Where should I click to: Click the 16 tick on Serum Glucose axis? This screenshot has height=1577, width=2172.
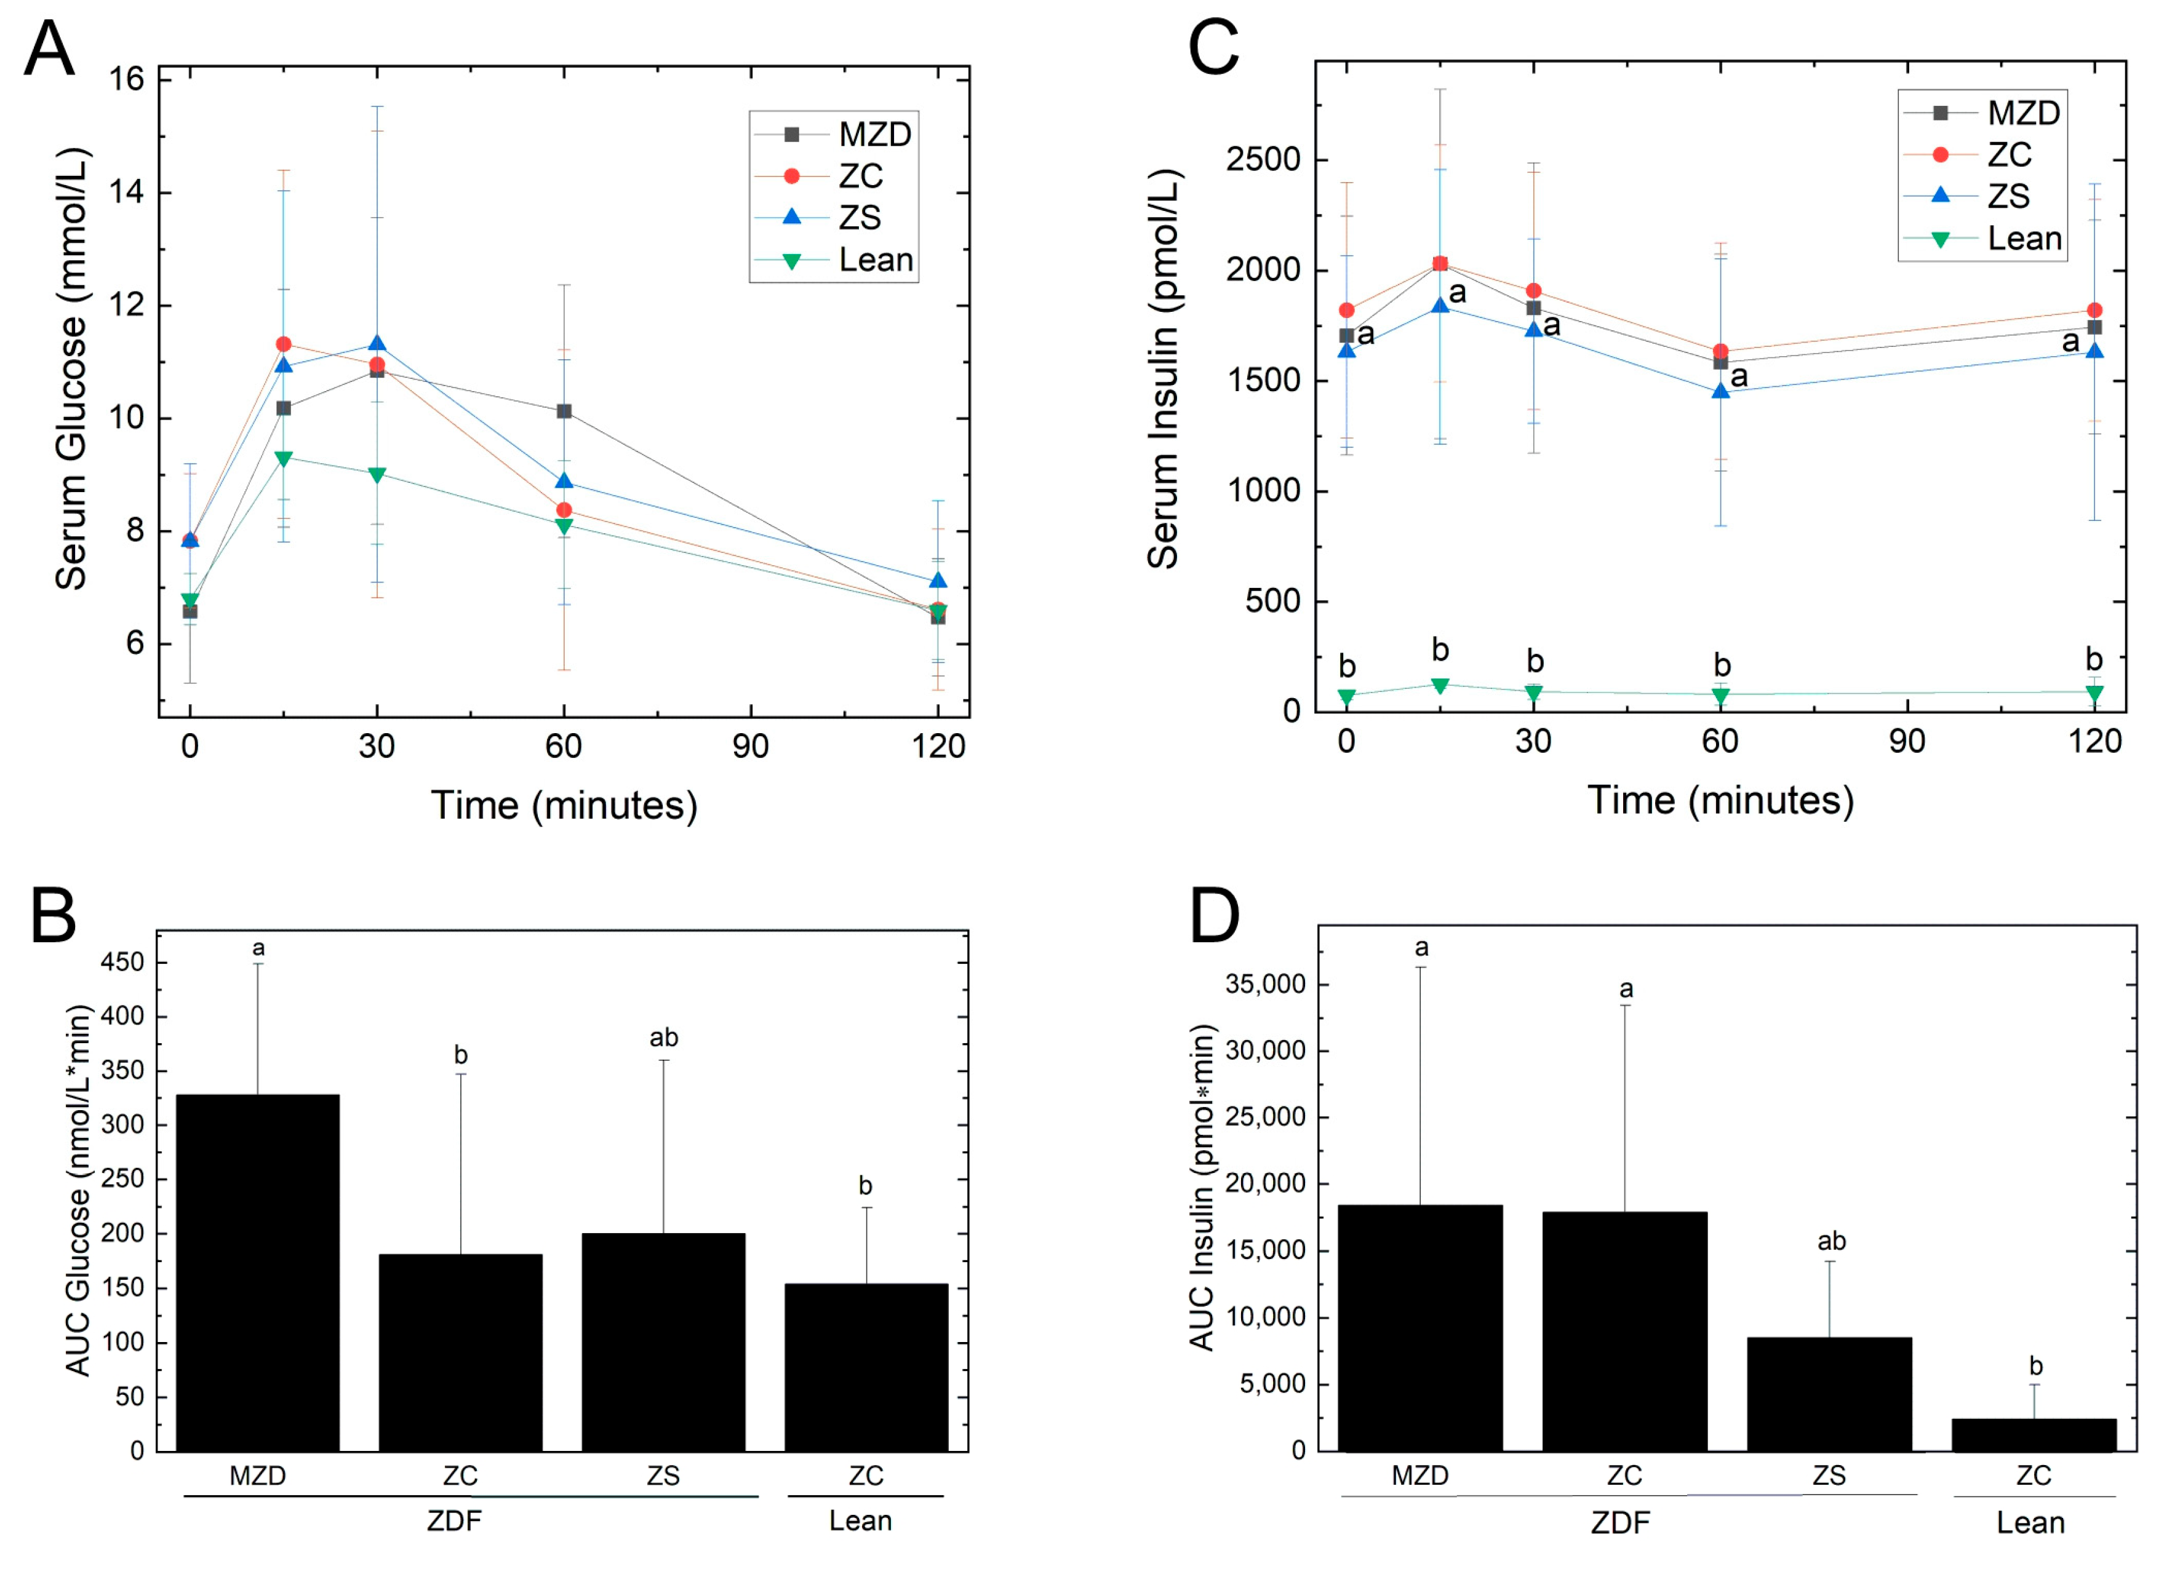[126, 79]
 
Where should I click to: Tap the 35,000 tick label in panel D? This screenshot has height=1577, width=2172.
[1265, 984]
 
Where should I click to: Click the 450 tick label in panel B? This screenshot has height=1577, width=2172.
[122, 963]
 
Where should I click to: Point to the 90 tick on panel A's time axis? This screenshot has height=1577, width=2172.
[750, 746]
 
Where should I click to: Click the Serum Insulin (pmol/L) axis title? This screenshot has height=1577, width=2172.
[1163, 368]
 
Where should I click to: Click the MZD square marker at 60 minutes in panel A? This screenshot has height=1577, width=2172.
[564, 411]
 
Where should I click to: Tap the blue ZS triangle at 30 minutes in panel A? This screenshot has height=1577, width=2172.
[377, 344]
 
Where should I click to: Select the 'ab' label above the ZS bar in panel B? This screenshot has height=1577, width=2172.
[664, 1038]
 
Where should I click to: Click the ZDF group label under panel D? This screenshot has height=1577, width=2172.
[1620, 1522]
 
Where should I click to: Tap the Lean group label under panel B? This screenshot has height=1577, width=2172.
[860, 1520]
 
